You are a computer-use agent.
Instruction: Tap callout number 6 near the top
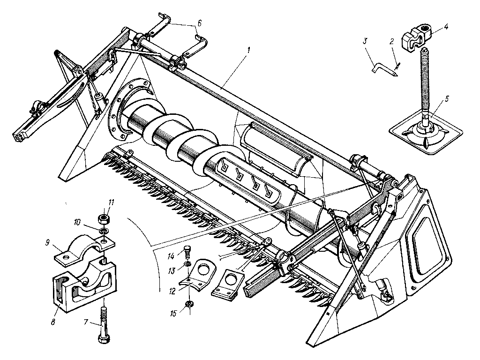pos(200,22)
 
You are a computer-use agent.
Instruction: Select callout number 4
pos(446,27)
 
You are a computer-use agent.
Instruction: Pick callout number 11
pos(112,202)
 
